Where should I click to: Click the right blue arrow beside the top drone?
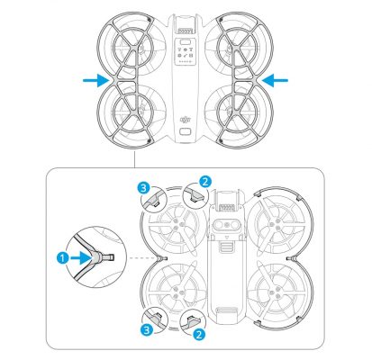pos(278,80)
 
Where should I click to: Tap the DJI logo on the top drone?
pos(186,115)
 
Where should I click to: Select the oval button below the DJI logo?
pos(186,131)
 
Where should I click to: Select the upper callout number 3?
pos(144,187)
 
